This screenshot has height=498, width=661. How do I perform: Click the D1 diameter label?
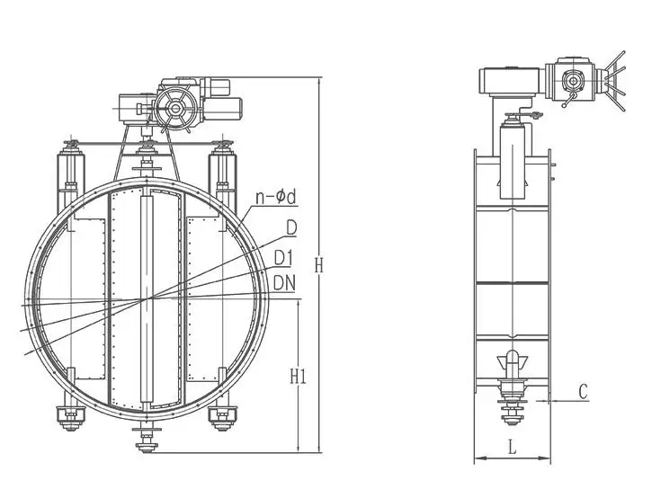pos(284,259)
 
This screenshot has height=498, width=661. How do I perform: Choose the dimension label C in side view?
pos(583,391)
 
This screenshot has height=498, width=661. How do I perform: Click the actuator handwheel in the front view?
pos(174,111)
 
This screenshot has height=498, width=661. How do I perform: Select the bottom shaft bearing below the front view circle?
pos(145,438)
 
